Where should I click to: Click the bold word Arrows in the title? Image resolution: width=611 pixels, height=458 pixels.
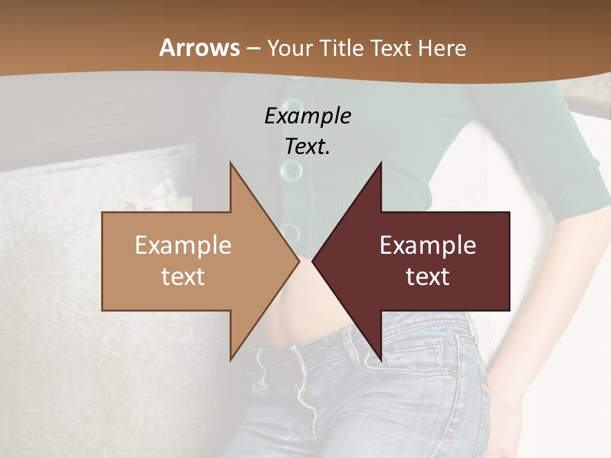[x=199, y=48]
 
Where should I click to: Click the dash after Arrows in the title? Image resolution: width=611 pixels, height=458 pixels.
[x=253, y=49]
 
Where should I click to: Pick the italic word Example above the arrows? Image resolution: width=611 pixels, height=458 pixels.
[x=307, y=116]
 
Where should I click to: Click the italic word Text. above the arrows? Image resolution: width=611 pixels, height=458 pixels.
[x=307, y=147]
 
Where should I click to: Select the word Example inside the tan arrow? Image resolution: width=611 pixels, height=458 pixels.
[x=183, y=246]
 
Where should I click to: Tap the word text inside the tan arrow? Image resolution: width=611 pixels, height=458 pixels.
[x=183, y=277]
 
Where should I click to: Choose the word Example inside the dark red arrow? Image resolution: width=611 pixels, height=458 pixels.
[x=428, y=246]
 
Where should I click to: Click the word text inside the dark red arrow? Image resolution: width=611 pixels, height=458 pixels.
[x=428, y=277]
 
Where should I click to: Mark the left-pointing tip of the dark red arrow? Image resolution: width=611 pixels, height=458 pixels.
[x=313, y=261]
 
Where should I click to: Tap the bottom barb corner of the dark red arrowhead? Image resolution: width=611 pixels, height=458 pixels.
[x=381, y=359]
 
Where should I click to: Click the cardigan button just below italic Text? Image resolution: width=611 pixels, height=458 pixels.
[x=291, y=170]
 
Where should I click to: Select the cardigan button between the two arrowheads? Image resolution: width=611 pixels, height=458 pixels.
[x=291, y=232]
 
